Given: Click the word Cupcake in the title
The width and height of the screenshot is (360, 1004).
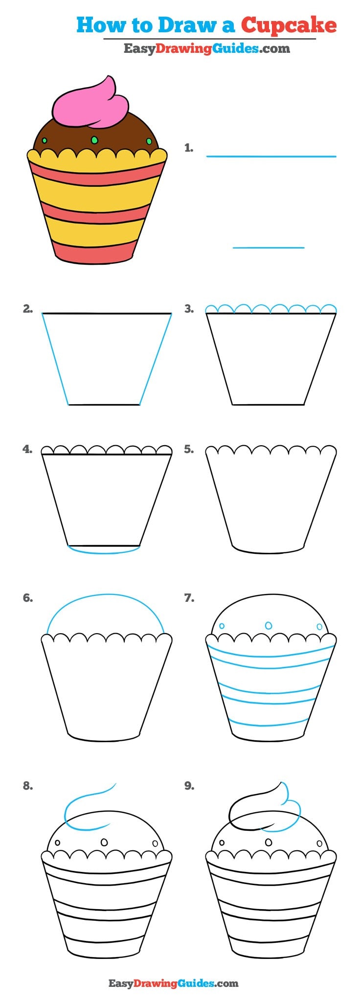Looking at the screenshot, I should (289, 25).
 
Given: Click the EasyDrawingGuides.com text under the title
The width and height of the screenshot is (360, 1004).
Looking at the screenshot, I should (206, 48).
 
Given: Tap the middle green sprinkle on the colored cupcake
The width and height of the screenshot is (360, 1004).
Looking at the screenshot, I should (94, 140).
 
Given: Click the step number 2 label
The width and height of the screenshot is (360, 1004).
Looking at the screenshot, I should (27, 309).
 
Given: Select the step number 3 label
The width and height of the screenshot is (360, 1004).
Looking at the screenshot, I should (189, 309).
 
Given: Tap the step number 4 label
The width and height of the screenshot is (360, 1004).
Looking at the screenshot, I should (27, 449).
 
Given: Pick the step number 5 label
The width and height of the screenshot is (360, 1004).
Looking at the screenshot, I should (189, 449).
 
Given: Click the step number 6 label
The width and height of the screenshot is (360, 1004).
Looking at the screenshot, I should (27, 598).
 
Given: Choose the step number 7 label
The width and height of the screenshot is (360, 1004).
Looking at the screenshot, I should (189, 598).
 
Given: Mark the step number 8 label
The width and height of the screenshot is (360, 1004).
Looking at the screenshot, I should (27, 786).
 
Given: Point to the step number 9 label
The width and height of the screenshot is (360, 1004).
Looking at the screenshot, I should (189, 786).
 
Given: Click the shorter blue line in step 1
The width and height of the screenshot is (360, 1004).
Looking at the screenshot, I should (269, 248).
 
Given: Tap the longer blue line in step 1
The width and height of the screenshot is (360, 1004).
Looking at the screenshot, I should (271, 157).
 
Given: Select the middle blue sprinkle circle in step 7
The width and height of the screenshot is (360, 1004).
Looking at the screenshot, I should (269, 625).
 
